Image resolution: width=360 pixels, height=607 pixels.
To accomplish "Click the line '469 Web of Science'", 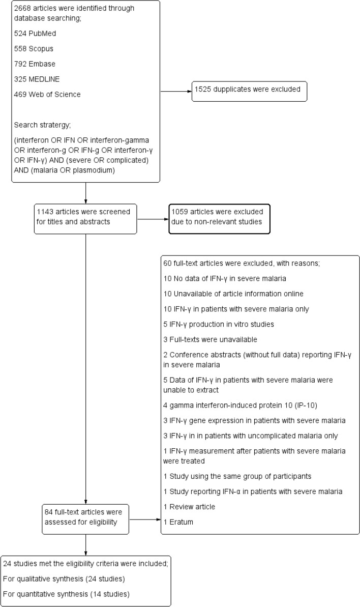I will [x=47, y=94].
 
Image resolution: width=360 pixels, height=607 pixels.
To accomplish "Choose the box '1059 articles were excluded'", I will [x=219, y=219].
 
